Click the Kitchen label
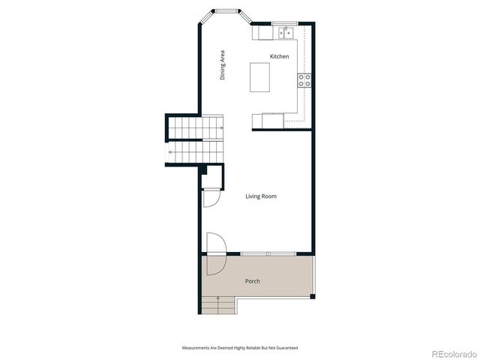(x=279, y=57)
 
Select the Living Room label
(x=261, y=196)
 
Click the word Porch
(x=253, y=281)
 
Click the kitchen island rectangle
(x=259, y=76)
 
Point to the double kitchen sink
(x=286, y=33)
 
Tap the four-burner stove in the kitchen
(x=305, y=81)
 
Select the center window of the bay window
(x=225, y=11)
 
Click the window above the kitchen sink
(x=284, y=24)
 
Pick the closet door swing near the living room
(x=210, y=199)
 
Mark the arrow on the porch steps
(x=218, y=301)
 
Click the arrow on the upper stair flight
(x=223, y=128)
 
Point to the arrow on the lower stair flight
(x=172, y=152)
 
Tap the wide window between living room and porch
(x=267, y=253)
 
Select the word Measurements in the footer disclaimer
(x=196, y=348)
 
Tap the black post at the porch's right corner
(x=313, y=295)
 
